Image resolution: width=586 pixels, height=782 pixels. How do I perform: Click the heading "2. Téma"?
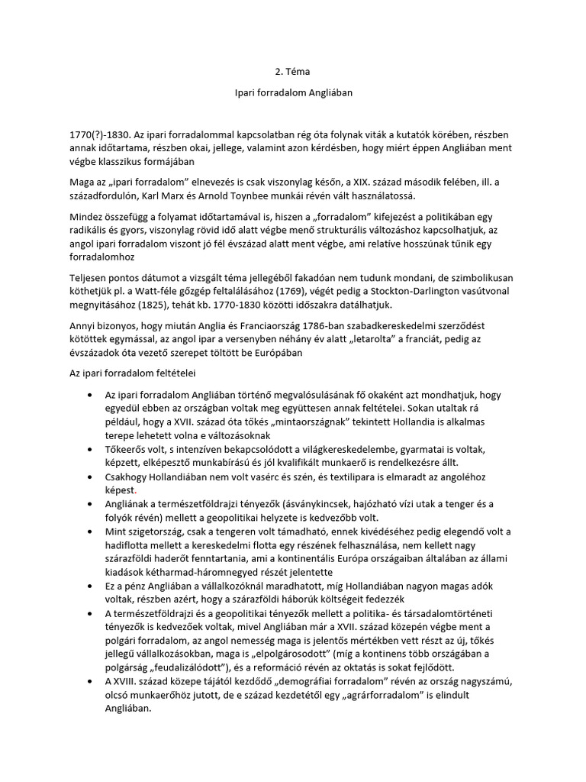[x=293, y=72]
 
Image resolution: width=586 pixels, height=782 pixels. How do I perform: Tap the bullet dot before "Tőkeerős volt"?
[x=91, y=448]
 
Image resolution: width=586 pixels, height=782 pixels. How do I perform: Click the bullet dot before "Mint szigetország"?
[x=91, y=532]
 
